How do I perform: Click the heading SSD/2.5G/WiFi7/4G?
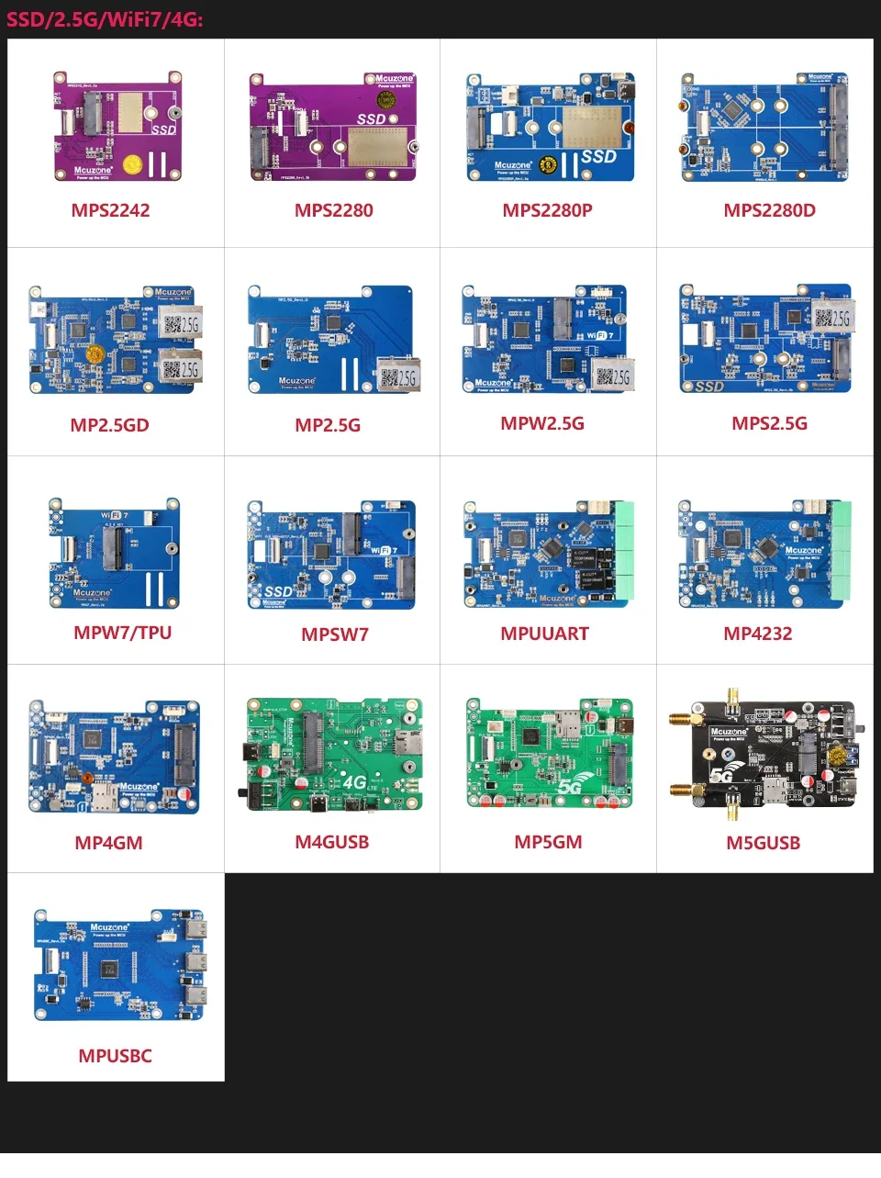click(x=105, y=19)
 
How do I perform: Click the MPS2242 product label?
click(x=110, y=210)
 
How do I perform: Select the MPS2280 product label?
click(x=334, y=210)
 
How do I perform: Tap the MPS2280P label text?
click(x=547, y=210)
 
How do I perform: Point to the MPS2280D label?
click(x=769, y=210)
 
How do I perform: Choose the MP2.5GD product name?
click(x=109, y=425)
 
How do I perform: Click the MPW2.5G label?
click(x=542, y=423)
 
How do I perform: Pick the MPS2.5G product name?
click(x=769, y=423)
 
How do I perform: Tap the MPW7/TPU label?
click(x=122, y=633)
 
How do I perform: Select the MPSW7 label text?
click(x=335, y=634)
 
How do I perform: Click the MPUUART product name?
click(x=544, y=634)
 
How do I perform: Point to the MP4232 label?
click(x=757, y=634)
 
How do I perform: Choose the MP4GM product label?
click(x=108, y=843)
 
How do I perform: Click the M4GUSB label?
click(x=331, y=842)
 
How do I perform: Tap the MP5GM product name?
click(x=548, y=842)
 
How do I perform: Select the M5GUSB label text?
click(x=763, y=843)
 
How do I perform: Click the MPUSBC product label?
click(x=115, y=1056)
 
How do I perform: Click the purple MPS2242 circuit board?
click(x=116, y=125)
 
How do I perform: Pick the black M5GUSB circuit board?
click(x=764, y=754)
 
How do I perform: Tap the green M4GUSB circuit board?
click(x=334, y=754)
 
